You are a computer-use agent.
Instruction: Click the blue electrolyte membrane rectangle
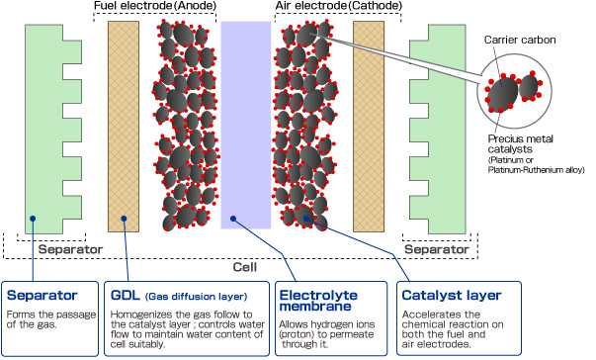coord(244,124)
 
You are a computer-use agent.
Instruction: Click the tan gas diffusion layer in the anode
coord(124,124)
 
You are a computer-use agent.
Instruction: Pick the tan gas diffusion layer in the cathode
coord(368,124)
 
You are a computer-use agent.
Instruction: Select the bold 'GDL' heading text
coord(126,294)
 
